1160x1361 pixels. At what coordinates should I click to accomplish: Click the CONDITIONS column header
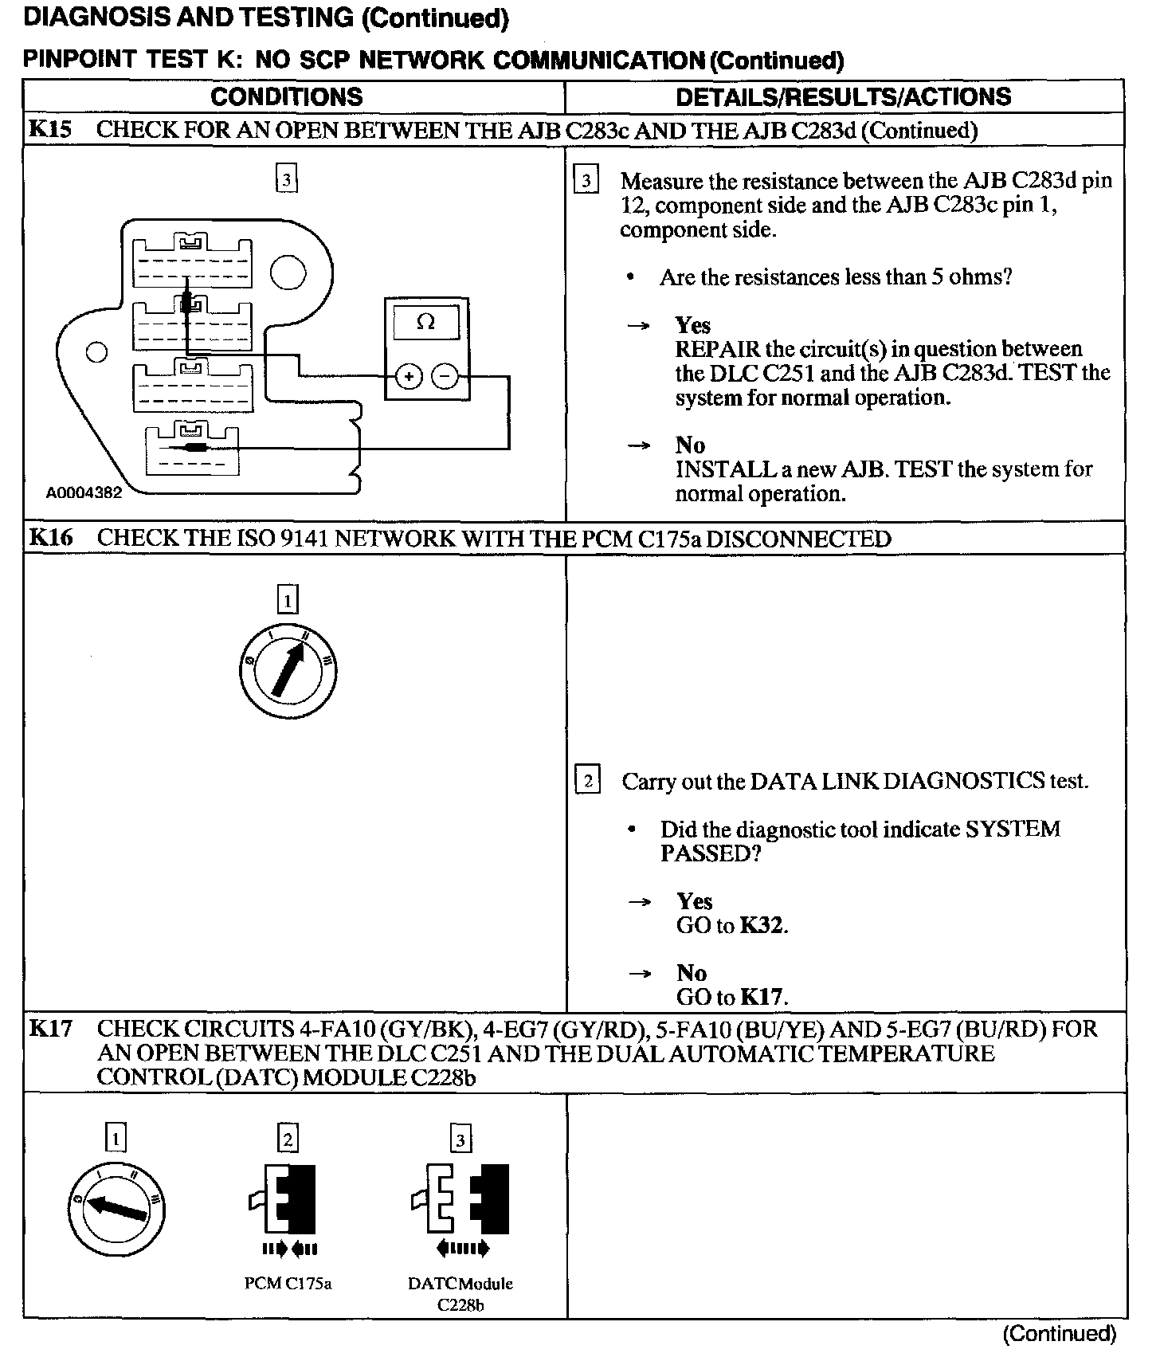click(286, 97)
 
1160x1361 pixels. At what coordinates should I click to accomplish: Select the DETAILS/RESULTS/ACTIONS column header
click(843, 97)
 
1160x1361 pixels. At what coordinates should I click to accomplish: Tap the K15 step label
click(50, 130)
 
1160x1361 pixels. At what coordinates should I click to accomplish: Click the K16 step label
click(50, 538)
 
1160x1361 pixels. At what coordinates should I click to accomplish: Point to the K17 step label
click(50, 1029)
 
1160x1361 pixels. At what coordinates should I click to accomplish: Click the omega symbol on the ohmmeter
click(426, 323)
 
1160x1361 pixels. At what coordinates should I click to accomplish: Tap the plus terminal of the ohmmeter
click(409, 376)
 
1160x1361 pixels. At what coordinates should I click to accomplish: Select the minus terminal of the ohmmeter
click(445, 376)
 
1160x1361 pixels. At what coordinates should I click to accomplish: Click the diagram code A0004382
click(84, 493)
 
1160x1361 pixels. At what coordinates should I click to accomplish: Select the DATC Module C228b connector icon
click(460, 1202)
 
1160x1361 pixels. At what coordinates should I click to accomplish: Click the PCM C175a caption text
click(288, 1284)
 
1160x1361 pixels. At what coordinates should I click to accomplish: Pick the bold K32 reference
click(762, 926)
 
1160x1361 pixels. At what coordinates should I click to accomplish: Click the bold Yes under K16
click(694, 901)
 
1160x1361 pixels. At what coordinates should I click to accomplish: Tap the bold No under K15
click(690, 445)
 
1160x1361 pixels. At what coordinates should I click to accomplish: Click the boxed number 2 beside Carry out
click(588, 780)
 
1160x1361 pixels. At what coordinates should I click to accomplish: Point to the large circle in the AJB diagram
click(288, 273)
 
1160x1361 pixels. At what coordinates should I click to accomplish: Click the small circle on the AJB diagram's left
click(96, 351)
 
